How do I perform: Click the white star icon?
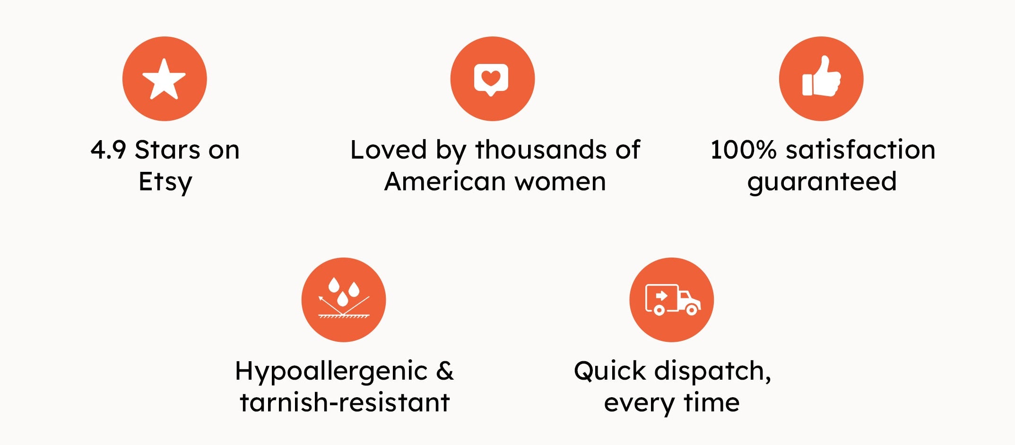point(164,80)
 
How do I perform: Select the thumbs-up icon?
point(821,77)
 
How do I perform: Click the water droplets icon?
point(344,298)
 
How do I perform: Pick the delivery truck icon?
point(672,300)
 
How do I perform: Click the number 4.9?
point(108,150)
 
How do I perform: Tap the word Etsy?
point(165,182)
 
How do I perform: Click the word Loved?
point(389,150)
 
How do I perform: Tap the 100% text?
point(744,150)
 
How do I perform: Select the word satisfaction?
point(860,150)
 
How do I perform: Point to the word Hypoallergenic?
point(331,372)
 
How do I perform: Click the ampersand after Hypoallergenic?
point(445,371)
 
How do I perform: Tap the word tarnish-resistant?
point(345,403)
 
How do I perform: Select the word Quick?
point(610,371)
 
